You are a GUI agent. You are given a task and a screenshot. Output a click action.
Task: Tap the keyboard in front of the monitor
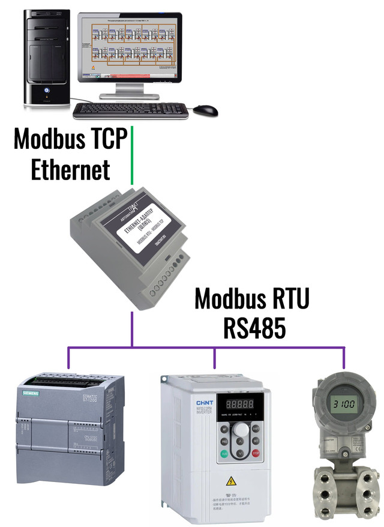click(x=130, y=110)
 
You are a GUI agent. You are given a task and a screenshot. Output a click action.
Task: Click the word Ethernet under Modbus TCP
click(x=70, y=169)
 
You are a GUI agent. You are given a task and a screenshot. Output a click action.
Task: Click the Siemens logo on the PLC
click(x=31, y=393)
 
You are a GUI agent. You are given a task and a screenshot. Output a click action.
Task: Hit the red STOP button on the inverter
click(x=256, y=453)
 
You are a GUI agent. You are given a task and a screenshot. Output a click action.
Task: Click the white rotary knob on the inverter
click(x=241, y=430)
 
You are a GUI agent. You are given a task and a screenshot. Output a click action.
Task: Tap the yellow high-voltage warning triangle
click(x=230, y=480)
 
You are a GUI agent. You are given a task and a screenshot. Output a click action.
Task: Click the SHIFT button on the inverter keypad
click(x=256, y=429)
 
